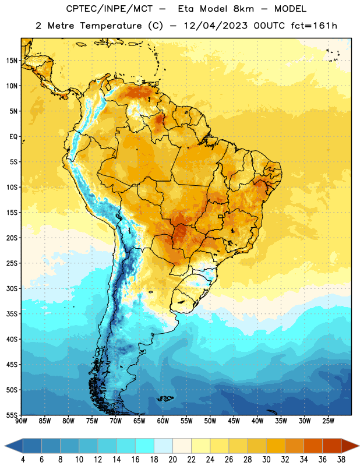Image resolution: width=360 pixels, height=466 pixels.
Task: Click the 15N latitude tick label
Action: click(12, 61)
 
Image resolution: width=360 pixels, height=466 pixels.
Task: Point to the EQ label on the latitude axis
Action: click(13, 137)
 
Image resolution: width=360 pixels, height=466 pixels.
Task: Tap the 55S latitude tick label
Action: click(12, 415)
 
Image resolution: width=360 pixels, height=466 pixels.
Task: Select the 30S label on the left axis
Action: click(12, 288)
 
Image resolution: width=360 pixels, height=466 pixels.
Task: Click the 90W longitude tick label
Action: click(21, 421)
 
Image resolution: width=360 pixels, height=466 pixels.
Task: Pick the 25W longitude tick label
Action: click(328, 421)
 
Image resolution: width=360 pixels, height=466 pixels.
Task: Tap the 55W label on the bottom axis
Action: click(186, 421)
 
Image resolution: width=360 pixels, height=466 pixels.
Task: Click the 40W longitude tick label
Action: click(257, 421)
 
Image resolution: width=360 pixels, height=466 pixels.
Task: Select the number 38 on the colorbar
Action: click(341, 460)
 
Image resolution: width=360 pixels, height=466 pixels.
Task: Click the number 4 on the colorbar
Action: click(23, 460)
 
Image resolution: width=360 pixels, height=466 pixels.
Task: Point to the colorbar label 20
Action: click(172, 460)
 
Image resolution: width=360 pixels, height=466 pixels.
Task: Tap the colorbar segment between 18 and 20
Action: click(163, 446)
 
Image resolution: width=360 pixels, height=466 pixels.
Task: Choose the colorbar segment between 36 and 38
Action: click(332, 446)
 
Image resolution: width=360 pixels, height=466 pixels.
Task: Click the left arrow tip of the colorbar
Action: click(5, 446)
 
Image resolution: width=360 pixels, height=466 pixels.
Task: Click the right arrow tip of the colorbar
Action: click(359, 446)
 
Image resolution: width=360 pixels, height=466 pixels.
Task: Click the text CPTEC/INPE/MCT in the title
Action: click(109, 9)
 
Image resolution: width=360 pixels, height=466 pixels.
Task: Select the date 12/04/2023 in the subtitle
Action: click(216, 26)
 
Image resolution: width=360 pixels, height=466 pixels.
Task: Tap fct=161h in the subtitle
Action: click(314, 26)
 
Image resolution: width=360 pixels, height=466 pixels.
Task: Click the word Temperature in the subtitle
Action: click(111, 26)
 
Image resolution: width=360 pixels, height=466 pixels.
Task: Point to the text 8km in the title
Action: click(243, 9)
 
